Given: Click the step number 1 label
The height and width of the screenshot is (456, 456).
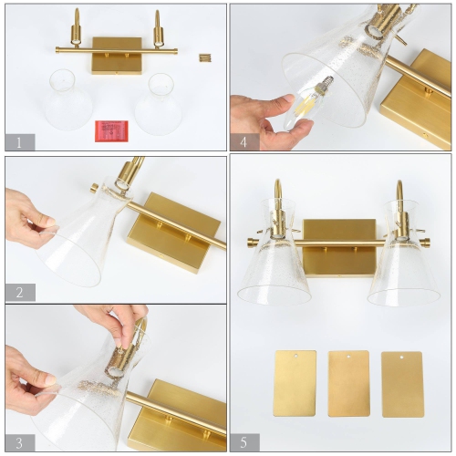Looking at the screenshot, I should click(x=19, y=141).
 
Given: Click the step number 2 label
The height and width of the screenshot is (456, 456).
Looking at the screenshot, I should click(x=19, y=292).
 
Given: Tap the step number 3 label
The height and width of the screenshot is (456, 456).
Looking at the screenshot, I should click(x=19, y=442).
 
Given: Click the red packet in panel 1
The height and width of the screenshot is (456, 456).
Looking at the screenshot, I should click(x=109, y=130).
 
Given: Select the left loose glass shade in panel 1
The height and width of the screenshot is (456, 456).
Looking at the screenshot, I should click(x=70, y=101).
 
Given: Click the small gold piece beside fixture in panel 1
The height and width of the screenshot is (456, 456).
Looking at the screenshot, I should click(x=204, y=57).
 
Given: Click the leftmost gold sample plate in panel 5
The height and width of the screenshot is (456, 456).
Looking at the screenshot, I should click(x=295, y=383).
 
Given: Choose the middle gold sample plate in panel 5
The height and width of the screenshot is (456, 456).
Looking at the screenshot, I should click(x=348, y=383).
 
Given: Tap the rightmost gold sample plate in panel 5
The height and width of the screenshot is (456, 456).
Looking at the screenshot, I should click(x=402, y=383).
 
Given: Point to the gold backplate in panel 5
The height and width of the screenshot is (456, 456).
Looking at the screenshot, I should click(x=339, y=246).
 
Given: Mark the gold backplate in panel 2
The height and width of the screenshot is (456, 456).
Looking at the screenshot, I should click(x=173, y=233).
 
